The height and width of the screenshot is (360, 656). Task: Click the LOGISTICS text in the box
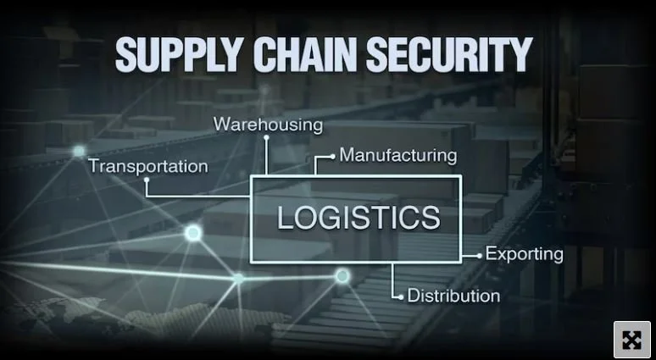pyautogui.click(x=359, y=217)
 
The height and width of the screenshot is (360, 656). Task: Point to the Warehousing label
pyautogui.click(x=268, y=125)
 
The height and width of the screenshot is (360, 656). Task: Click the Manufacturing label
pyautogui.click(x=397, y=156)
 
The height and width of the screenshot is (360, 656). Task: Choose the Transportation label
pyautogui.click(x=148, y=166)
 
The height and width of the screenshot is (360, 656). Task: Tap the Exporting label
pyautogui.click(x=524, y=253)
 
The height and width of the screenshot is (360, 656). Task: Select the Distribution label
pyautogui.click(x=453, y=296)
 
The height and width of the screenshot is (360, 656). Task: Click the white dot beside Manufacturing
pyautogui.click(x=332, y=157)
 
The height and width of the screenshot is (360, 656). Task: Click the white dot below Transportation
pyautogui.click(x=147, y=180)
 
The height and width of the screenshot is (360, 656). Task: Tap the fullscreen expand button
pyautogui.click(x=631, y=340)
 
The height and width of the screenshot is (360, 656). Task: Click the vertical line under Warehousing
pyautogui.click(x=267, y=154)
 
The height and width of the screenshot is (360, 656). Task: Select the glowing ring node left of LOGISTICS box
pyautogui.click(x=193, y=233)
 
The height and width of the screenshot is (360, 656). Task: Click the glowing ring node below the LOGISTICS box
pyautogui.click(x=342, y=275)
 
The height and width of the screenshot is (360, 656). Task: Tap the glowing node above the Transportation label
pyautogui.click(x=79, y=152)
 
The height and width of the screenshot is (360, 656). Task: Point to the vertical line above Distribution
pyautogui.click(x=393, y=278)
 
